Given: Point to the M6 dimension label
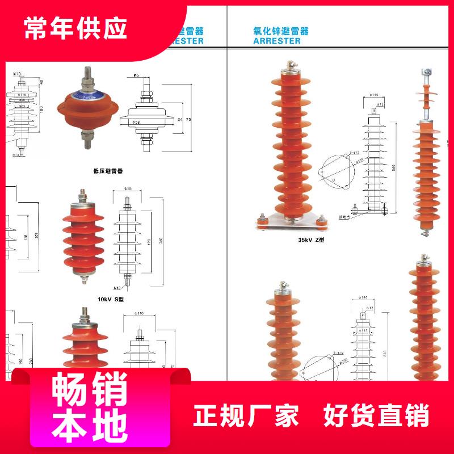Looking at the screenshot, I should (x=137, y=75).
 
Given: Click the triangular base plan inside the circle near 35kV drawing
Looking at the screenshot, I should (x=335, y=173).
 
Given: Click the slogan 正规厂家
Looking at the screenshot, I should (x=246, y=416).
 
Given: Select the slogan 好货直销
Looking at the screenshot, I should (x=376, y=416).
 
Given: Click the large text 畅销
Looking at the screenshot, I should (x=90, y=390).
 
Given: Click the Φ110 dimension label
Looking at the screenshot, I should (x=139, y=313).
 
